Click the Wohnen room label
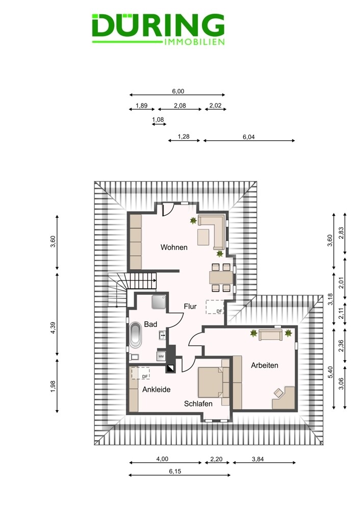click(174, 247)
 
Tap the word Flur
click(190, 307)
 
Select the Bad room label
click(150, 324)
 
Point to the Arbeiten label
click(265, 365)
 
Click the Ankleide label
click(157, 390)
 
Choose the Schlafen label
click(198, 403)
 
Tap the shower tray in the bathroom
click(159, 302)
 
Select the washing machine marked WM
click(161, 356)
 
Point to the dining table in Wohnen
click(221, 278)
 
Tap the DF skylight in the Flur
click(215, 307)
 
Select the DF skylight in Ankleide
click(141, 373)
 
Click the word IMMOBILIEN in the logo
click(195, 42)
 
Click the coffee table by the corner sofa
click(203, 237)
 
